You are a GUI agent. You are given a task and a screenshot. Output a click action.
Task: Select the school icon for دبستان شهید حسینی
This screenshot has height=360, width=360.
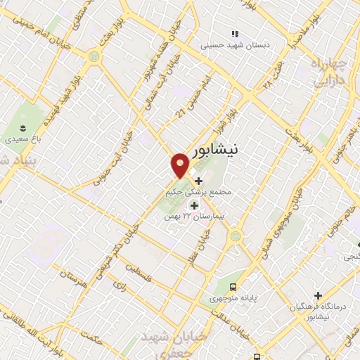[235, 34]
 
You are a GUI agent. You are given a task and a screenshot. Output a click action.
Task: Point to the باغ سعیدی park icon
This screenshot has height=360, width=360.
[25, 127]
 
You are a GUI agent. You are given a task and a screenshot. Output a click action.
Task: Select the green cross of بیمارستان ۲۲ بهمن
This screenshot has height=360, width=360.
[194, 205]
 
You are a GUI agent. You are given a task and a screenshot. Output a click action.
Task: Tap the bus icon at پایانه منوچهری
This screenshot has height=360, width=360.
[233, 286]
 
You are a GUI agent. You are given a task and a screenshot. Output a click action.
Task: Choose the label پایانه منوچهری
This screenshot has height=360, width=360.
[233, 299]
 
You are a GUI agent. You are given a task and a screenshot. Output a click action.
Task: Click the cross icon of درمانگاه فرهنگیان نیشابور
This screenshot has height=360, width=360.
[319, 295]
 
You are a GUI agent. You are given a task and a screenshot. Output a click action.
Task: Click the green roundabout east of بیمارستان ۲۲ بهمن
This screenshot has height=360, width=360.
[236, 236]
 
